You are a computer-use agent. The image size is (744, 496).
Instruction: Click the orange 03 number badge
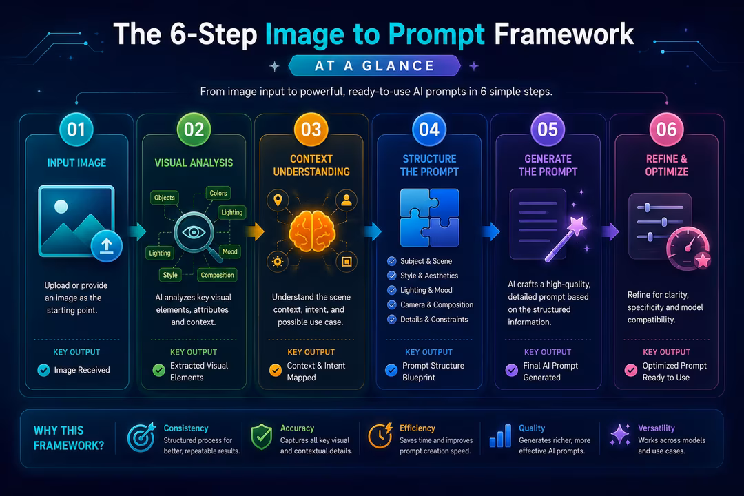(x=311, y=130)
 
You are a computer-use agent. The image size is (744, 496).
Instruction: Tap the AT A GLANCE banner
(x=374, y=65)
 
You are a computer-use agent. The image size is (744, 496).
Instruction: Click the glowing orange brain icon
(x=312, y=231)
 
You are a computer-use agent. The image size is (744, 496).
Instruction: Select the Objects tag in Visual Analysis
(x=164, y=198)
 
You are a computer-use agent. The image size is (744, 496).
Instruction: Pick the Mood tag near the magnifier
(x=230, y=251)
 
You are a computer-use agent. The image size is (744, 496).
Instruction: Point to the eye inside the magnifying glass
(x=194, y=232)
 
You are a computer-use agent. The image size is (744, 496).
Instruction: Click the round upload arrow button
(x=106, y=246)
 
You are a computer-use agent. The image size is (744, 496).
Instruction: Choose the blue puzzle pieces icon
(x=429, y=218)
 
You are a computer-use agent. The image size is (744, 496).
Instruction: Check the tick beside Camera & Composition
(x=391, y=304)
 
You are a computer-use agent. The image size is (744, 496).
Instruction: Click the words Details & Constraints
(x=434, y=320)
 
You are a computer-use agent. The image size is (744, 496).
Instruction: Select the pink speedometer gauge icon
(x=688, y=248)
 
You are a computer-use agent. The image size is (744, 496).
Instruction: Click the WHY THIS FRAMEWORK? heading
(x=69, y=438)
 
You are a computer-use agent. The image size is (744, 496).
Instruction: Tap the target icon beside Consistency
(x=141, y=437)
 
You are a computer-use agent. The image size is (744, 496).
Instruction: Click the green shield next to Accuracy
(x=262, y=437)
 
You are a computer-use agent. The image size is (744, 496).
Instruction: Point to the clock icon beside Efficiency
(x=380, y=435)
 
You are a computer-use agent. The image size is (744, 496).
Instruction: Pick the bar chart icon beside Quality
(x=500, y=435)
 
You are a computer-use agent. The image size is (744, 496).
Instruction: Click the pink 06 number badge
(x=666, y=130)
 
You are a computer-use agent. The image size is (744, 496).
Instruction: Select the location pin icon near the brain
(x=278, y=200)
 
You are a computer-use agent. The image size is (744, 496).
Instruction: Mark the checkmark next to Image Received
(x=43, y=370)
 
